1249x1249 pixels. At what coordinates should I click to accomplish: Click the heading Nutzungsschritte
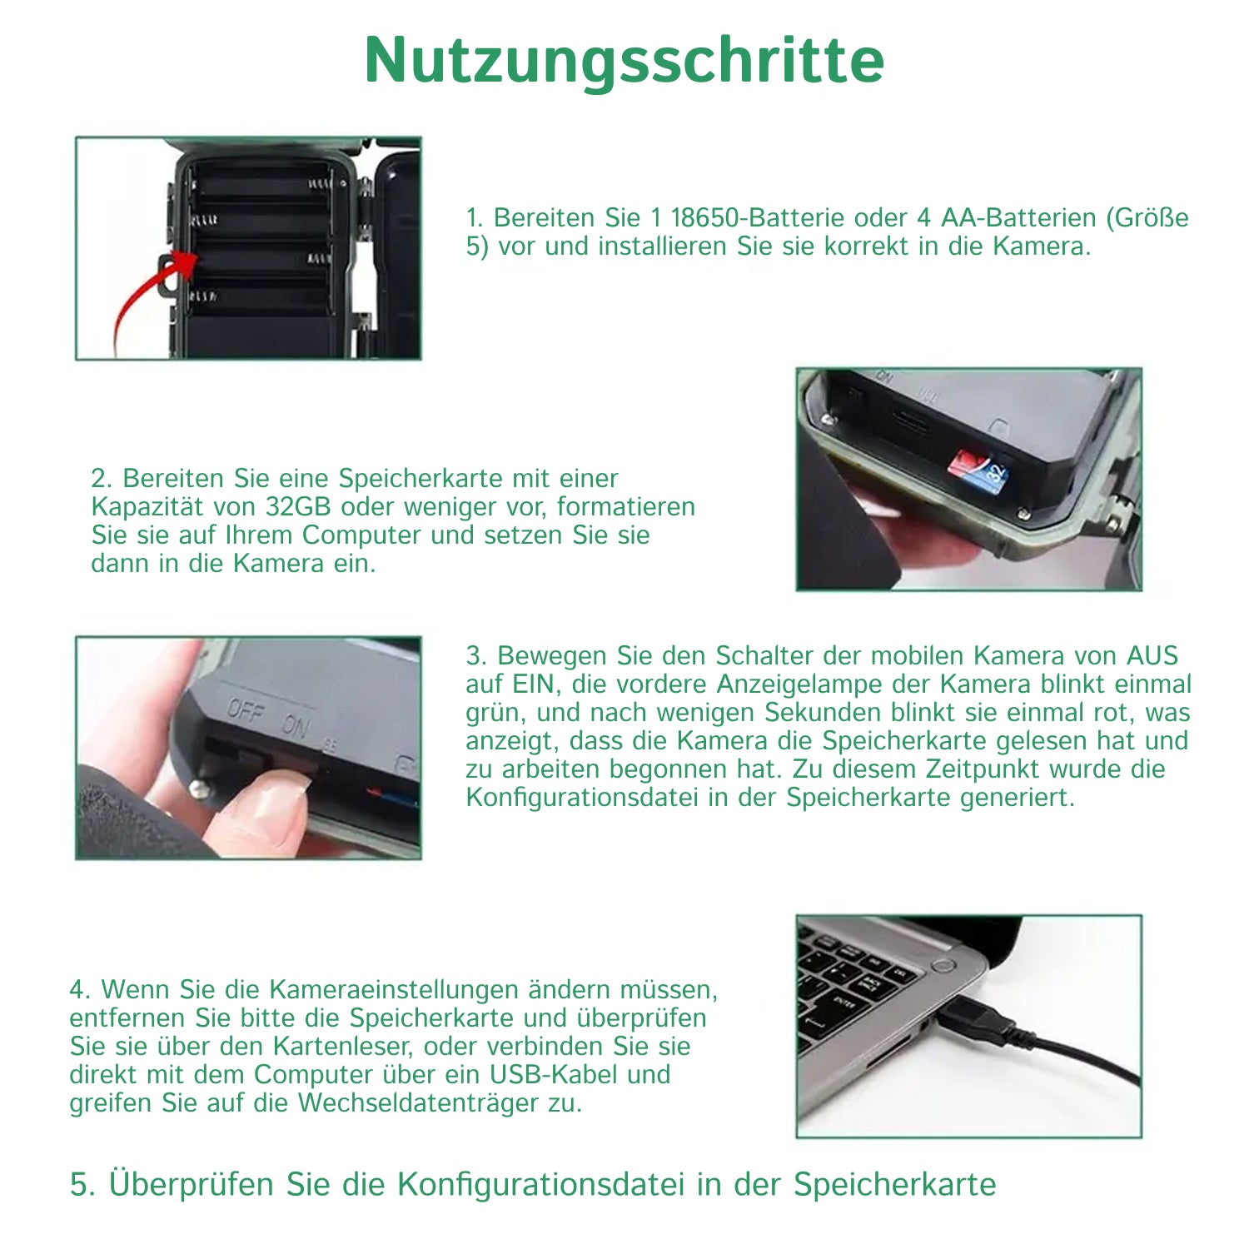624,60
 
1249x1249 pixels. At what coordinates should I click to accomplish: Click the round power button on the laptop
943,965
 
